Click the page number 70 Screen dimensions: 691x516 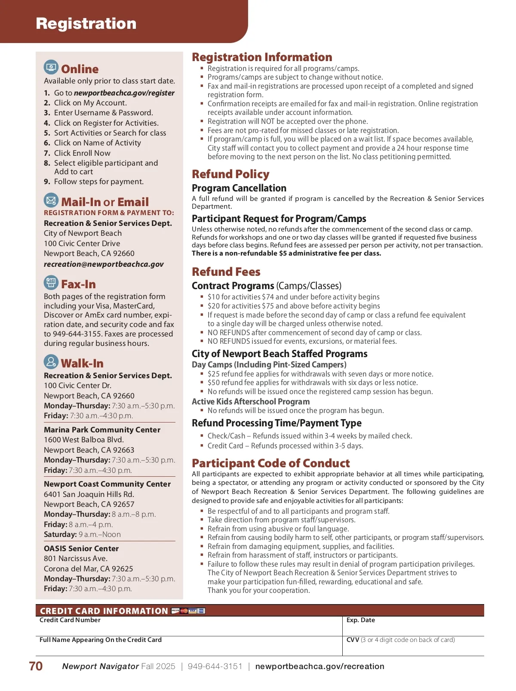click(x=36, y=666)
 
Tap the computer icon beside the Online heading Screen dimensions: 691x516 click(x=51, y=68)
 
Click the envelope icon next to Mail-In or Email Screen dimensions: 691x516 click(x=51, y=201)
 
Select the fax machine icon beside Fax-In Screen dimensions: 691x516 click(x=51, y=283)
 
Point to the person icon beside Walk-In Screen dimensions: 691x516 click(x=51, y=362)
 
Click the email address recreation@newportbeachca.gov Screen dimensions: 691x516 click(x=104, y=264)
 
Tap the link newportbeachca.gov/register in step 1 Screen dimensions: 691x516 click(x=124, y=93)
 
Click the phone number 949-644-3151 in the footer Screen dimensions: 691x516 click(x=215, y=666)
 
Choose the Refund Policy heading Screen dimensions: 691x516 click(x=230, y=174)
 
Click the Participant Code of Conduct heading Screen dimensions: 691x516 click(x=270, y=463)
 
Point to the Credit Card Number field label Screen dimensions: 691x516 click(x=70, y=620)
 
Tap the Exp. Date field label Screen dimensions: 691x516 click(x=360, y=620)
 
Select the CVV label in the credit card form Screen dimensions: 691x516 click(x=353, y=640)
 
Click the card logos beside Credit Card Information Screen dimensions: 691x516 click(x=188, y=611)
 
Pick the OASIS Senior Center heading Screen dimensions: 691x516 click(x=81, y=549)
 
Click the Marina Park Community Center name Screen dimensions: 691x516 click(x=102, y=430)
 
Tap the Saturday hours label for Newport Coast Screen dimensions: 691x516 click(x=60, y=534)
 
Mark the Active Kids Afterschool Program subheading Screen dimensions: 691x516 click(x=250, y=401)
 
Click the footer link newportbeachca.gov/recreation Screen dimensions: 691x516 click(x=319, y=666)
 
